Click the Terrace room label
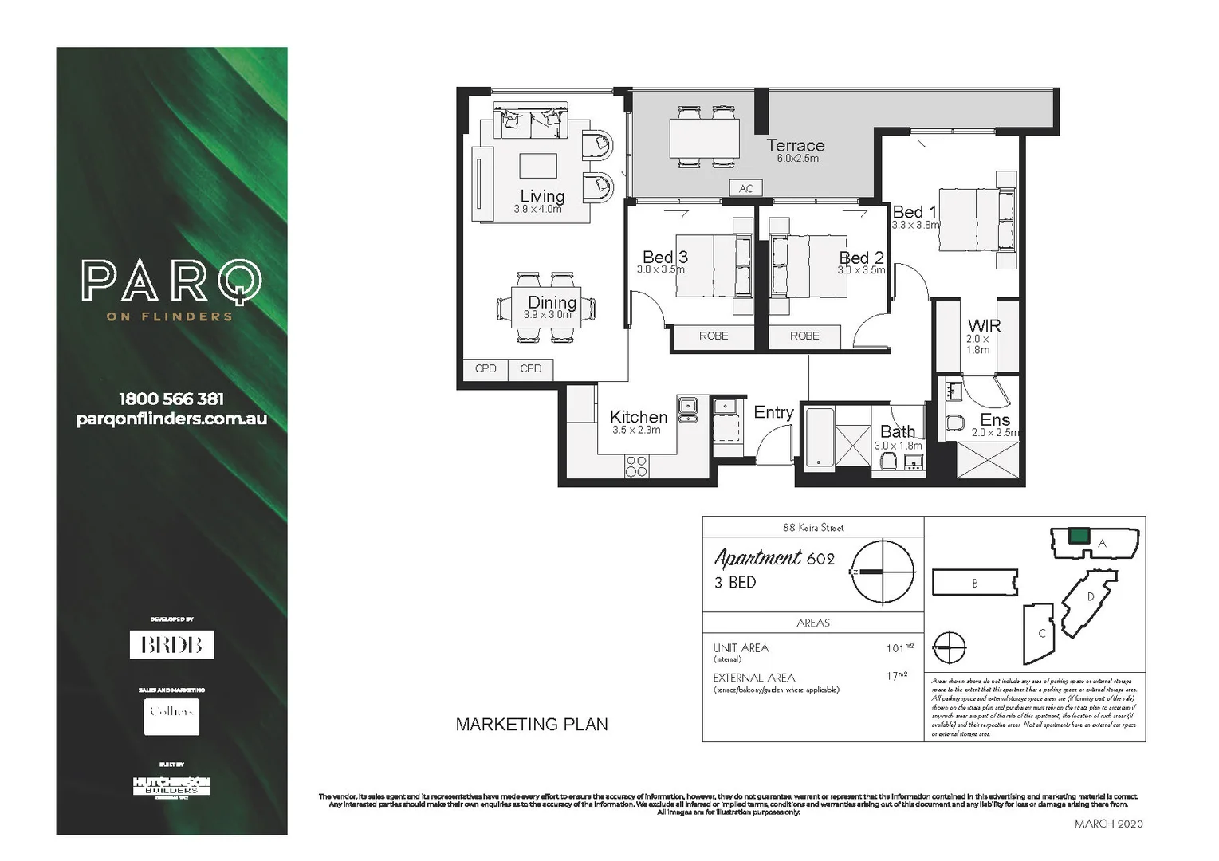pos(795,146)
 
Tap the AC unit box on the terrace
pos(745,188)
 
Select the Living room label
pos(542,196)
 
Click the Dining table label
pos(552,302)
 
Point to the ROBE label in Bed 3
pos(714,336)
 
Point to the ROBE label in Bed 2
pos(804,336)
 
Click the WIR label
pos(984,326)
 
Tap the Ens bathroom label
pos(995,420)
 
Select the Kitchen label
pos(638,417)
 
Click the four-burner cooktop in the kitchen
pos(636,466)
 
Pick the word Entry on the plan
pos(773,412)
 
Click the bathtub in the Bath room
pos(819,437)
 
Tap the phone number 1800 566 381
pos(171,399)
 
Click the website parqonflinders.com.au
pos(171,419)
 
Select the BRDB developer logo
pos(171,644)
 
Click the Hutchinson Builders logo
pos(171,786)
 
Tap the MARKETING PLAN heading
pos(532,725)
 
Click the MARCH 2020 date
pos(1108,824)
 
